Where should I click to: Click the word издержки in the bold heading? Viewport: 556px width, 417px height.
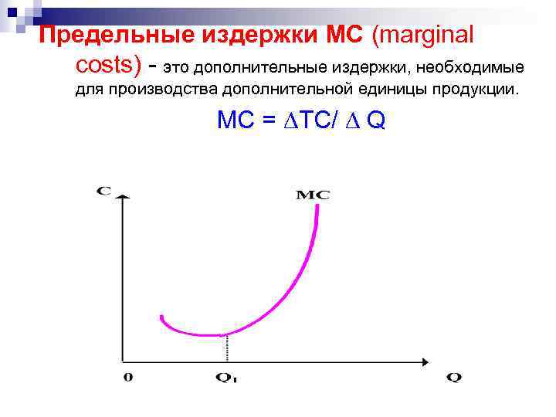[252, 36]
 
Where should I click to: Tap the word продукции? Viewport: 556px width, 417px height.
[471, 91]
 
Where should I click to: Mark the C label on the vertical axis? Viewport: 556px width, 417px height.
[103, 189]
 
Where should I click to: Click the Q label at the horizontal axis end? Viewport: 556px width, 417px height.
[454, 378]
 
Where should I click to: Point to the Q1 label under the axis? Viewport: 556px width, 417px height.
[226, 378]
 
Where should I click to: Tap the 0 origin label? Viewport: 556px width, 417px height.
[128, 377]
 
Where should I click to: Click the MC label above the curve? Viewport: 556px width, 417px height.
[313, 195]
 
